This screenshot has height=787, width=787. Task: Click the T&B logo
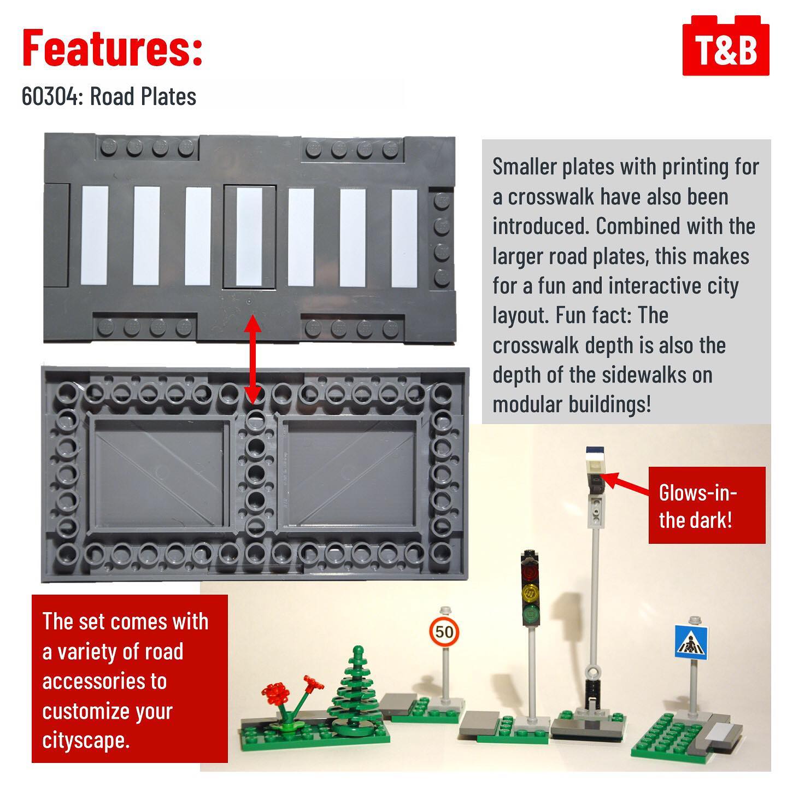tap(726, 46)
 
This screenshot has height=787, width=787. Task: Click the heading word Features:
tap(113, 48)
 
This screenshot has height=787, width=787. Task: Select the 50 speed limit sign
tap(444, 632)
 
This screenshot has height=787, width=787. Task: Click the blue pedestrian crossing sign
tap(691, 641)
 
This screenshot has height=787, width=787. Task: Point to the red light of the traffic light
tap(531, 569)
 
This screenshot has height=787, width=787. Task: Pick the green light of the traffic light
tap(531, 612)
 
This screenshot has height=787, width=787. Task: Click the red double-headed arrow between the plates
tap(253, 359)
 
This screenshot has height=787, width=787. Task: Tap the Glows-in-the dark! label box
tap(707, 505)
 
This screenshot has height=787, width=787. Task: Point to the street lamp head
tap(596, 469)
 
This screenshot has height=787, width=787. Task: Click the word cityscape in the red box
tap(86, 741)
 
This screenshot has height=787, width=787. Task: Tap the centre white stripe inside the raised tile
tap(249, 237)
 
